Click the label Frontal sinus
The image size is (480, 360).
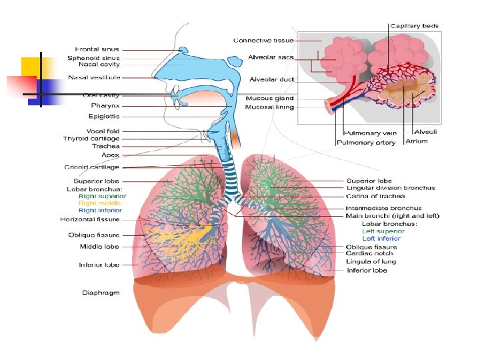click(x=97, y=49)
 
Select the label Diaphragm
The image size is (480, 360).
click(x=101, y=292)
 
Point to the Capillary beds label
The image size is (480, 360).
click(x=415, y=26)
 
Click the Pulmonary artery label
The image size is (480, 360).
click(x=367, y=143)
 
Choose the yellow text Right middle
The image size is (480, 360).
click(x=99, y=203)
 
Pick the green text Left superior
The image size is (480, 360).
click(x=381, y=231)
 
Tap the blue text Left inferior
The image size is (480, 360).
click(x=381, y=239)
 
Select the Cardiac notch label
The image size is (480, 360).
click(x=369, y=253)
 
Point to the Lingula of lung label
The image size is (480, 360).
click(x=371, y=261)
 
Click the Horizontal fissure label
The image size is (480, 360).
click(x=90, y=219)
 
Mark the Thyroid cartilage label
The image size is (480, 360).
click(x=92, y=139)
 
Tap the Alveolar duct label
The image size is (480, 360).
click(x=272, y=79)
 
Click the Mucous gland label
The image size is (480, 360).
click(x=270, y=99)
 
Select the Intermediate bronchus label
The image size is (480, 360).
click(x=383, y=209)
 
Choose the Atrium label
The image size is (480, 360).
click(x=417, y=141)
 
